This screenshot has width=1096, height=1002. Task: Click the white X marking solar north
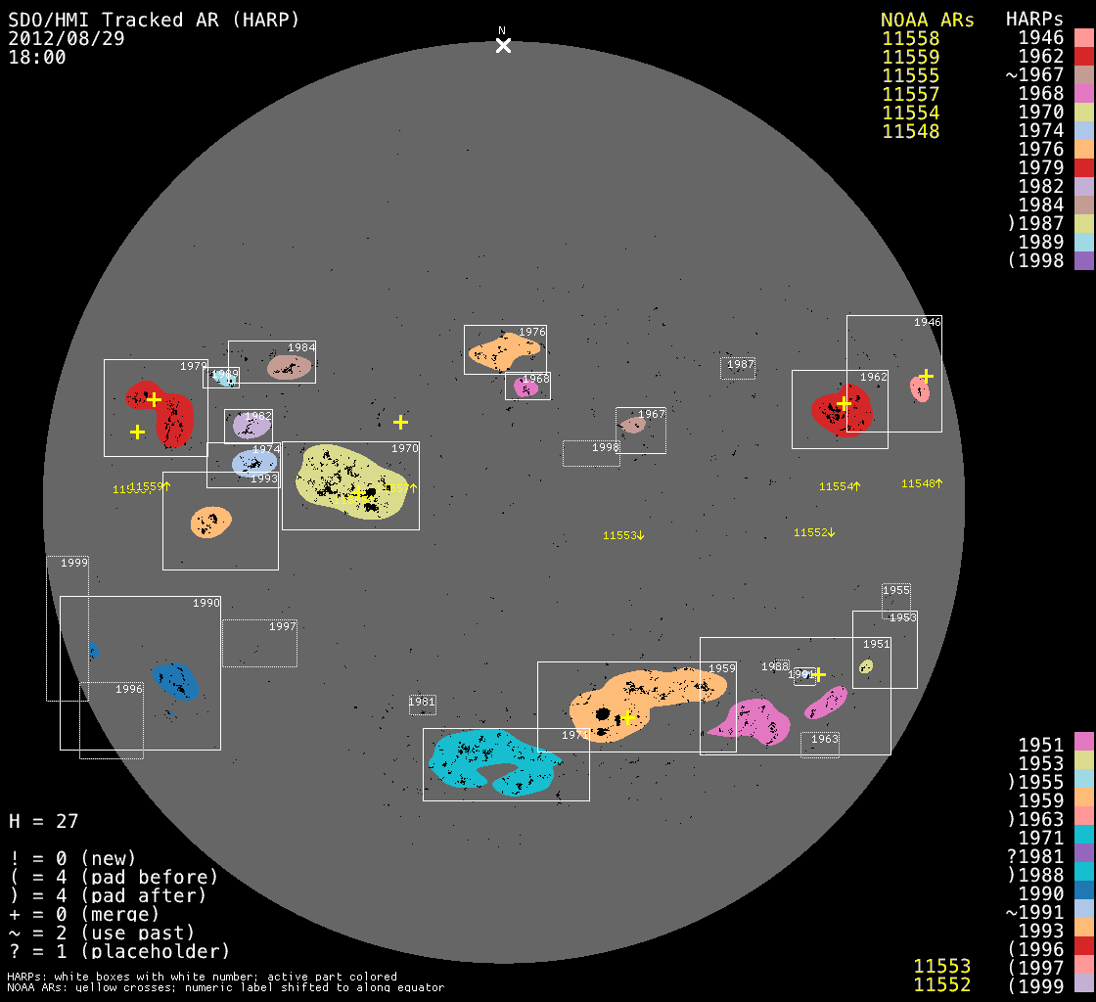point(503,45)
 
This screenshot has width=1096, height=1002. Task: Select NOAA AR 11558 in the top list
point(910,39)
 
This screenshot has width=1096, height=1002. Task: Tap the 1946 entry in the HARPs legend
point(1040,39)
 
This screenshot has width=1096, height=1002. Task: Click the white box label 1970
point(404,448)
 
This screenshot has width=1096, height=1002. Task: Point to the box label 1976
point(531,333)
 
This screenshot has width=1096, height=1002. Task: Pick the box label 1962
point(873,377)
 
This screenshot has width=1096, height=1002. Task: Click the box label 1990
point(205,604)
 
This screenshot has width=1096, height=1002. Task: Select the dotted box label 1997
point(282,626)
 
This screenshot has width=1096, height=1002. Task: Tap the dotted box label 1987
point(741,365)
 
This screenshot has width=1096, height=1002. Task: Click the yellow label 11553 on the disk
point(620,535)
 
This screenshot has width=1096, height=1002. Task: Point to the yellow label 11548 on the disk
point(919,483)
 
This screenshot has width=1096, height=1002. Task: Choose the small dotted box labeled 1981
point(422,702)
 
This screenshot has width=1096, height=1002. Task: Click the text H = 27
point(43,821)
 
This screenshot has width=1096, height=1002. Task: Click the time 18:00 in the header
point(37,57)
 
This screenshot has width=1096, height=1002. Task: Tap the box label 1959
point(721,669)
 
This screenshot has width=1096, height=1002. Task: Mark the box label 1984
point(300,348)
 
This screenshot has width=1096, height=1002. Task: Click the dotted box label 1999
point(74,563)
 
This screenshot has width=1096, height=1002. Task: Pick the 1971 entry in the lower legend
point(1040,838)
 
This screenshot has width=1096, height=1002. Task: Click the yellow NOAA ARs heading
point(927,20)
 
